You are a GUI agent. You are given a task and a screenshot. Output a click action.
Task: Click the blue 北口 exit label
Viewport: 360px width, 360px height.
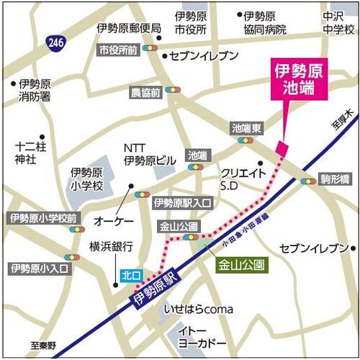pos(130,274)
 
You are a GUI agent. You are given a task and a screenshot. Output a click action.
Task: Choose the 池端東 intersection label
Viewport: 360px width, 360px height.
pos(246,127)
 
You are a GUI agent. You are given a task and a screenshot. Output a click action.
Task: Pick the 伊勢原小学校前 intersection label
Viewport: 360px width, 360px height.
pos(42,217)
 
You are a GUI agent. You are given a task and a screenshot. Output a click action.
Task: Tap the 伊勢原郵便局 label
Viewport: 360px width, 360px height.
pos(129,28)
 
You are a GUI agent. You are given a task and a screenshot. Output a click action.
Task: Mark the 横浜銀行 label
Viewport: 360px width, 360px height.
pos(112,246)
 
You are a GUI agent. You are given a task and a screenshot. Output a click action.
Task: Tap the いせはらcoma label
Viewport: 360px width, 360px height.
pos(199,309)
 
